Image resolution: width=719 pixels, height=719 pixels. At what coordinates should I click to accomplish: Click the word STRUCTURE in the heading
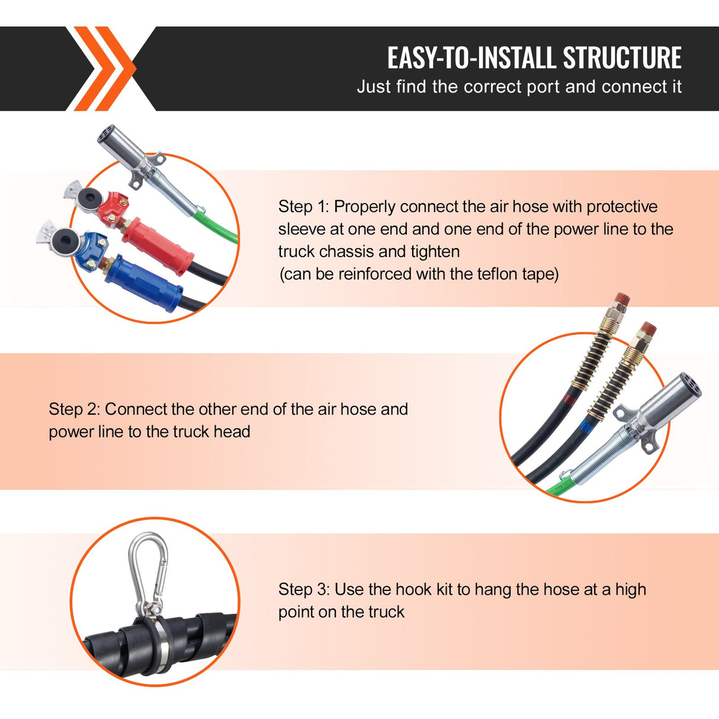622,58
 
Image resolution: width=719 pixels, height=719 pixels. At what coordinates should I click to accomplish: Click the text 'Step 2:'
74,409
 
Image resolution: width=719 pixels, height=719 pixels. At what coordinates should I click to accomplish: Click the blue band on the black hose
586,425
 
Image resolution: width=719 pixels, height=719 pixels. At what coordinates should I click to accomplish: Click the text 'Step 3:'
304,589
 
